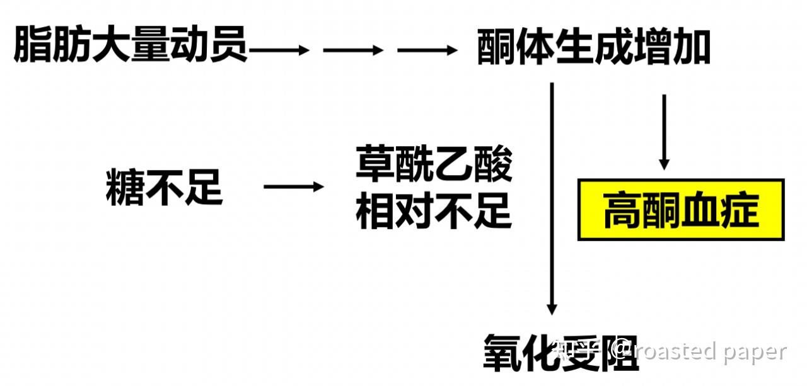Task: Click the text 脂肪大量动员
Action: (x=131, y=46)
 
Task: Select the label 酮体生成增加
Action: (x=593, y=48)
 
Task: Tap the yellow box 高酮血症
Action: (x=681, y=210)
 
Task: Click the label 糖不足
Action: (x=164, y=186)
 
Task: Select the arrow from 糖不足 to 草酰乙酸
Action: (x=293, y=186)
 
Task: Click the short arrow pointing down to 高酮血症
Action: (x=663, y=132)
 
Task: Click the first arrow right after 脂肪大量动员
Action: (x=279, y=50)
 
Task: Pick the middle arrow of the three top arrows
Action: (x=353, y=50)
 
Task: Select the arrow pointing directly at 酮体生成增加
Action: (x=427, y=50)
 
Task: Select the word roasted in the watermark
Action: (x=675, y=351)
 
